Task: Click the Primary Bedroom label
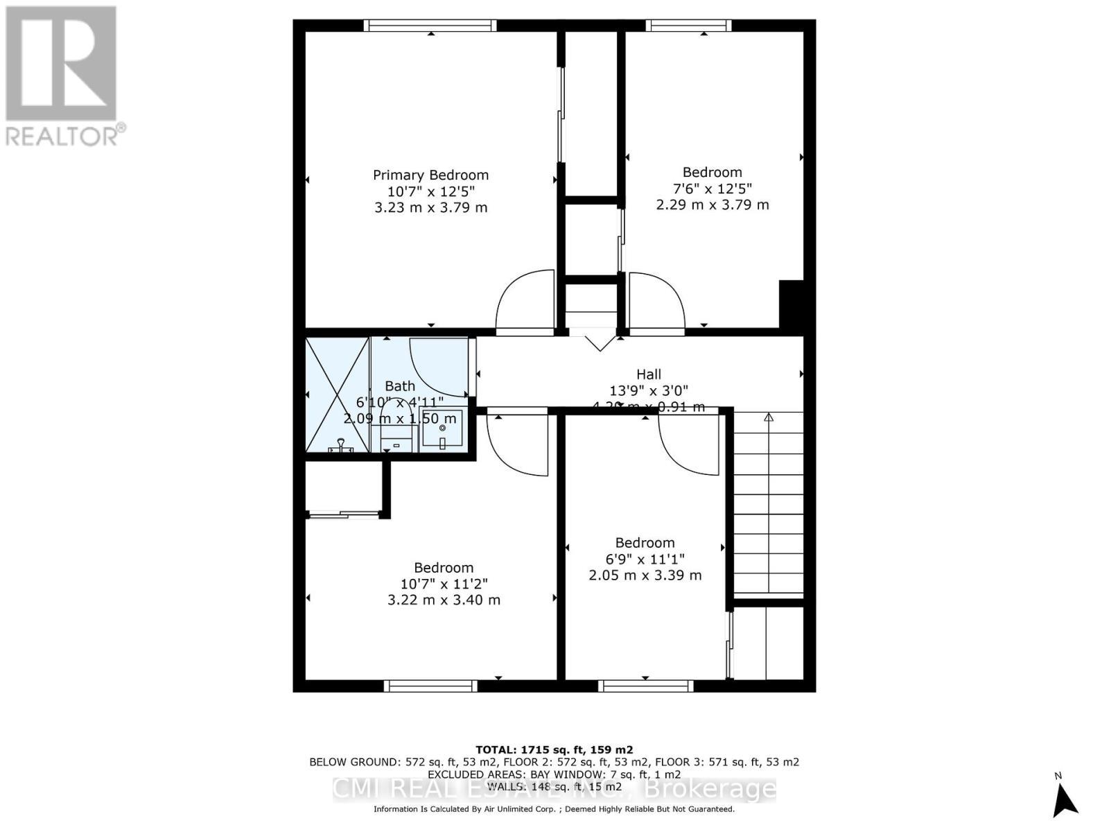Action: point(430,175)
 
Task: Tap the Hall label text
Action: point(649,374)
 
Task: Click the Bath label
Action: point(400,386)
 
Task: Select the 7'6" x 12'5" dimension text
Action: point(712,189)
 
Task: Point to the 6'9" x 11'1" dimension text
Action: point(645,559)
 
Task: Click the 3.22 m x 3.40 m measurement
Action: point(444,600)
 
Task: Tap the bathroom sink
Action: point(442,431)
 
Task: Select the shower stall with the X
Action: point(338,395)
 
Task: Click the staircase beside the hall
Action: point(768,503)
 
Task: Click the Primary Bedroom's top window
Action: point(430,26)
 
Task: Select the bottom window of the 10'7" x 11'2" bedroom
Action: point(430,686)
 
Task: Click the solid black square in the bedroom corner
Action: point(791,304)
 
